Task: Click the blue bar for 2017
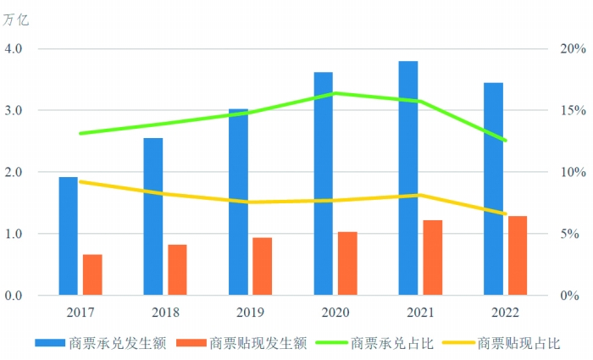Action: pyautogui.click(x=68, y=236)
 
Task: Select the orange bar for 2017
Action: pyautogui.click(x=92, y=274)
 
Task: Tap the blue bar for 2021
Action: pyautogui.click(x=408, y=178)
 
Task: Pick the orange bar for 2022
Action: pyautogui.click(x=518, y=256)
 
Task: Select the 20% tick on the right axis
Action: pyautogui.click(x=569, y=49)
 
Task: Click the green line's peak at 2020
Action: pyautogui.click(x=335, y=93)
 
